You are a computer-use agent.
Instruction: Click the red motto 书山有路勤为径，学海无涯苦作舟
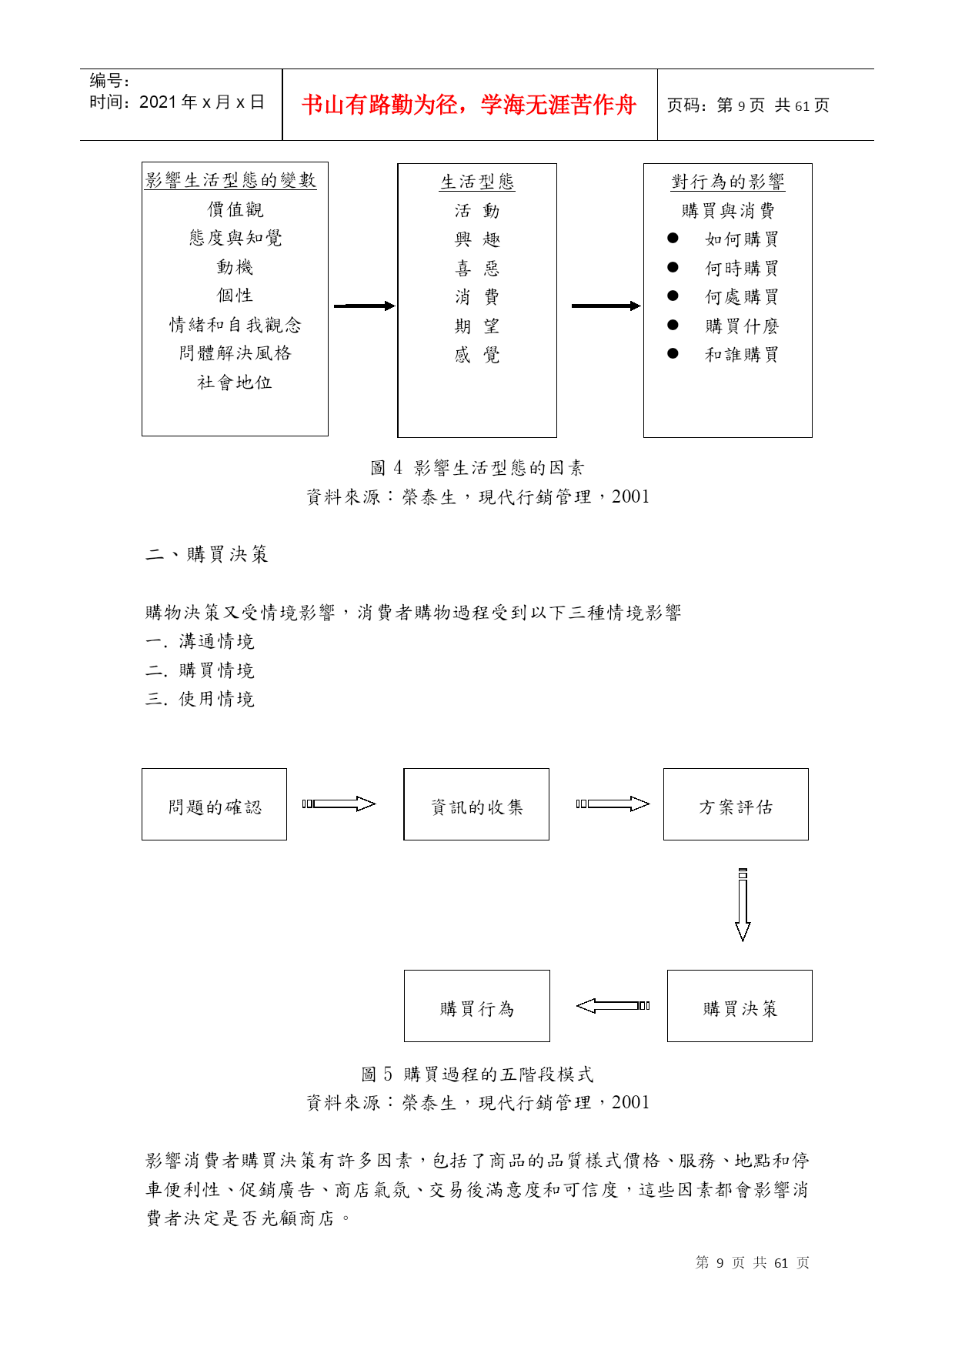[469, 105]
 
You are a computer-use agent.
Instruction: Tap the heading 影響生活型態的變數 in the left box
[231, 180]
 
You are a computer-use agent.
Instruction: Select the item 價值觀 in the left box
[235, 209]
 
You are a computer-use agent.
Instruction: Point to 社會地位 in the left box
[235, 383]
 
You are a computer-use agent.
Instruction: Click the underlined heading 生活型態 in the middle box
[477, 182]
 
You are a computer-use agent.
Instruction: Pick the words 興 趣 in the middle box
[477, 239]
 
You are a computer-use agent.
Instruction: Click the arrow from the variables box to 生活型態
[364, 306]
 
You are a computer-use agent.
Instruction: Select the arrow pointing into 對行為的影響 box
[606, 306]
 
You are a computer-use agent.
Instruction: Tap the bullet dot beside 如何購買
[673, 239]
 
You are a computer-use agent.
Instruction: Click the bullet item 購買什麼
[742, 326]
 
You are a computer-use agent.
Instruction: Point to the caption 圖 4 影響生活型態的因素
[477, 468]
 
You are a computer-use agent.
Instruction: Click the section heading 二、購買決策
[207, 554]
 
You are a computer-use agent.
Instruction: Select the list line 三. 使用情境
[200, 699]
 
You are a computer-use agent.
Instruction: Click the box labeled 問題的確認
[214, 804]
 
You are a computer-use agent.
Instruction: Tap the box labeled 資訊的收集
[476, 804]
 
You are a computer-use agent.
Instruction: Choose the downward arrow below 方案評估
[743, 905]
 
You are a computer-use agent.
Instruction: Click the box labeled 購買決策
[740, 1006]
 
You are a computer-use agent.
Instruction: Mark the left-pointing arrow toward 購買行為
[613, 1005]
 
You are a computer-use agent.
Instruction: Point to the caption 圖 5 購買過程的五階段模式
[477, 1074]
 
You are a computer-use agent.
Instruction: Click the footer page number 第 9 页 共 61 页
[753, 1262]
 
